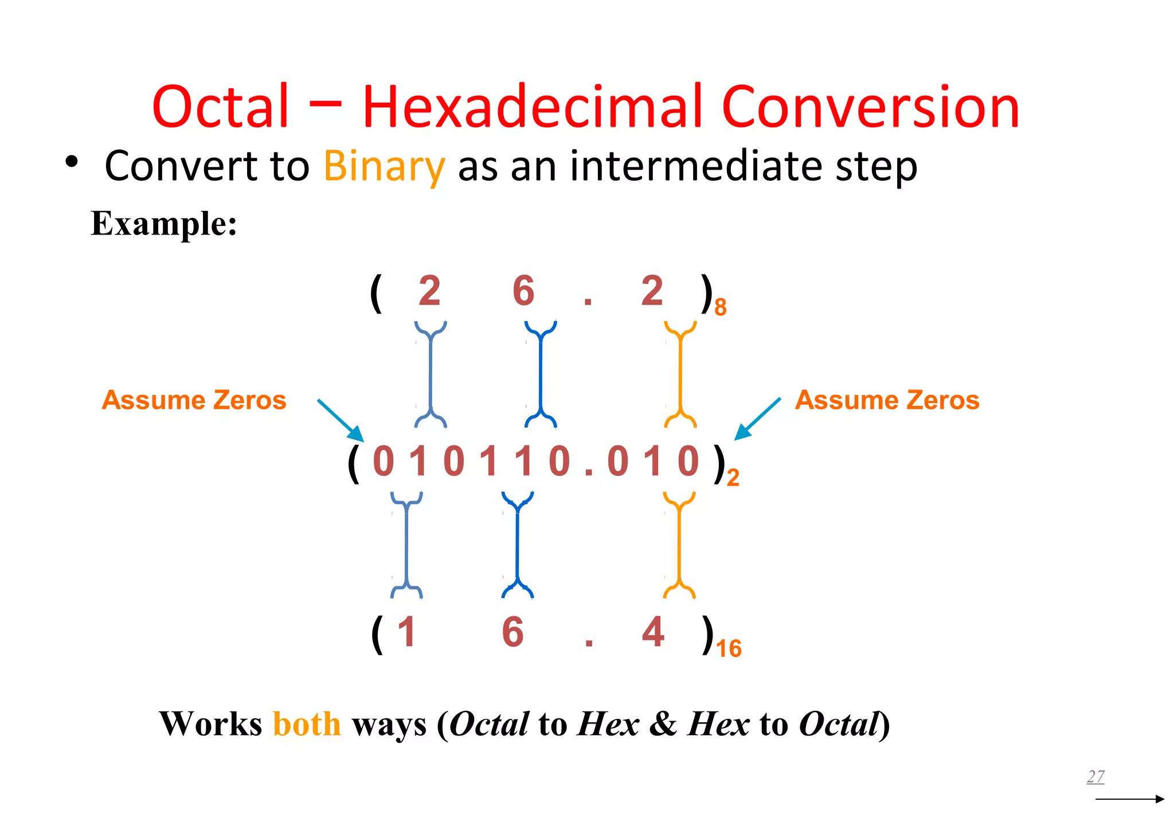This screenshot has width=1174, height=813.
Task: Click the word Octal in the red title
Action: click(221, 107)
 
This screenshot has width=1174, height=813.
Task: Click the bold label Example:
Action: click(164, 224)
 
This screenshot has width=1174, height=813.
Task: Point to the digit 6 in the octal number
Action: click(523, 291)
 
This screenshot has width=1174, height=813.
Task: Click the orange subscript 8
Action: click(721, 307)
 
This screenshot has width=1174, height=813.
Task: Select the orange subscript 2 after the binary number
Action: click(733, 478)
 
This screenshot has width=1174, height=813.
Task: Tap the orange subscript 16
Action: click(729, 648)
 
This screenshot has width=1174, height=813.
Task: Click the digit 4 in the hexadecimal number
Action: click(653, 632)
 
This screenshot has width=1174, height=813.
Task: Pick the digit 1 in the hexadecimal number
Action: click(406, 632)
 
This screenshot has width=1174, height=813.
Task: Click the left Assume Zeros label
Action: click(194, 400)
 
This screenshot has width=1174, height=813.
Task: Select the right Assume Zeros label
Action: click(887, 400)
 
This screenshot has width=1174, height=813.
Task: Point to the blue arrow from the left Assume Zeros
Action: click(341, 420)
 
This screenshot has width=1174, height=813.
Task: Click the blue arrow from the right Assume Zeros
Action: click(757, 419)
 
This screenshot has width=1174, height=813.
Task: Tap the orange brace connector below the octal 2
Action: click(680, 374)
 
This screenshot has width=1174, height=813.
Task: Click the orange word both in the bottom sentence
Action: click(307, 724)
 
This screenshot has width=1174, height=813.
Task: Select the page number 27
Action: click(1095, 776)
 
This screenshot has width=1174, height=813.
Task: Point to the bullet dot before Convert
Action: click(71, 162)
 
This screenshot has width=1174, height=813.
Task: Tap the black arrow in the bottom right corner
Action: click(1129, 799)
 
